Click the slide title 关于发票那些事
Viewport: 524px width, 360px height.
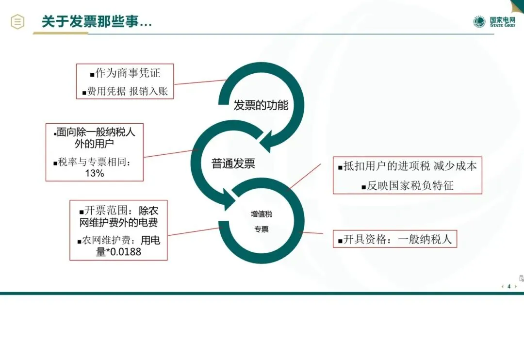coord(96,22)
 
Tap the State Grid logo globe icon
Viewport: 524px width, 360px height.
coord(479,22)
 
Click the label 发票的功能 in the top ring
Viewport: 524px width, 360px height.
coord(261,105)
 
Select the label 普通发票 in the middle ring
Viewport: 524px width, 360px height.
coord(233,164)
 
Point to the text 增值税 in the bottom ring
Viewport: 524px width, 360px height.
coord(262,214)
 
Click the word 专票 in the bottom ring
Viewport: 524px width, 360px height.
coord(262,229)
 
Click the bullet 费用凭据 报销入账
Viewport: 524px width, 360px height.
coord(128,91)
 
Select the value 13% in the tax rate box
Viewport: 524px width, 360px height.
coord(95,173)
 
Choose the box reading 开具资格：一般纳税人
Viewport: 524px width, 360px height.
coord(395,239)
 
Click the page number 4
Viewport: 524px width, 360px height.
coord(509,286)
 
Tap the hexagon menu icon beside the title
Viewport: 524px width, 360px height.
coord(17,22)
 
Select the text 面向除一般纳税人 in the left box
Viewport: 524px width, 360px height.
coord(96,132)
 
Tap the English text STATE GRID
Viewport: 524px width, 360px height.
coord(502,25)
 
